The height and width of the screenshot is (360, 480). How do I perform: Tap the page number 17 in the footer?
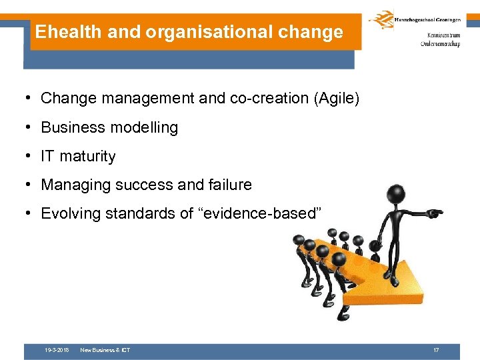[x=435, y=350]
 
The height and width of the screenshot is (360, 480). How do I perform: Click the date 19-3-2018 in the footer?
[x=57, y=350]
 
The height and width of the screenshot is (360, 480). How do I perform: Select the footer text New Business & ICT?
[x=105, y=350]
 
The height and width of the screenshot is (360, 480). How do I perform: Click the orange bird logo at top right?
[x=382, y=20]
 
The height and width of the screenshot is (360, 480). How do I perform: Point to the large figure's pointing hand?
[x=435, y=214]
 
